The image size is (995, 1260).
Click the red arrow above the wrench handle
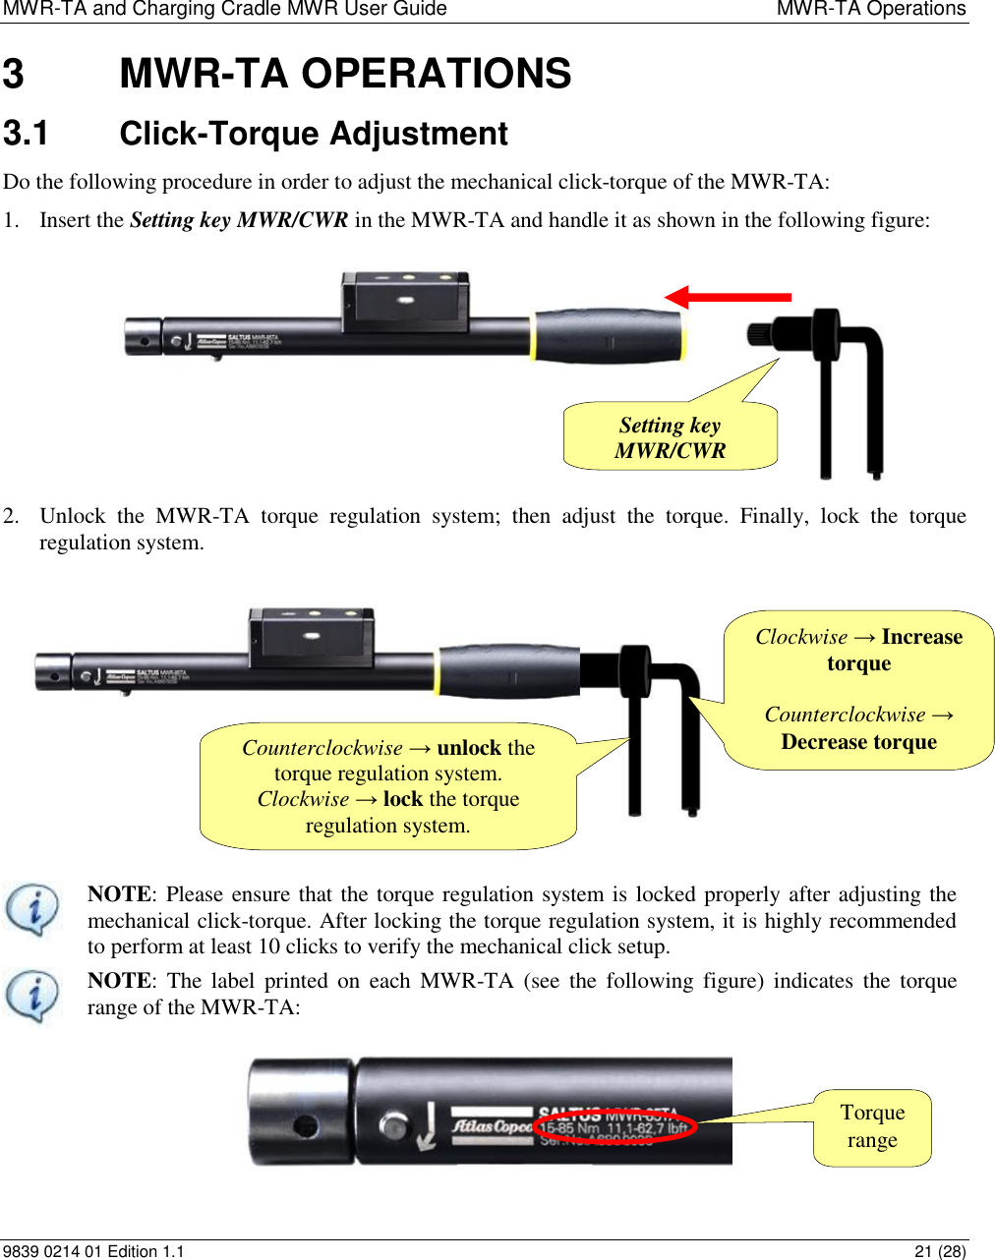(x=728, y=296)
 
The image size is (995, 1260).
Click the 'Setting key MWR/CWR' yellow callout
(x=670, y=437)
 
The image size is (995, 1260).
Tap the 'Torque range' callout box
(x=872, y=1127)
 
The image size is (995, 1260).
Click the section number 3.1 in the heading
(x=26, y=133)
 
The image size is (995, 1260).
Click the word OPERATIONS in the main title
(x=436, y=74)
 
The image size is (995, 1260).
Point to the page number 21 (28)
(x=939, y=1251)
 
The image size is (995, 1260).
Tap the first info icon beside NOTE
(x=32, y=908)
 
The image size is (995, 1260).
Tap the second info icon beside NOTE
(x=32, y=995)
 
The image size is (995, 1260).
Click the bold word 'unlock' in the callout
(x=469, y=748)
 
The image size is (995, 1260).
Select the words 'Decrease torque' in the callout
(x=858, y=742)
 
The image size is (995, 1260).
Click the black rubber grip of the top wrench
(x=608, y=336)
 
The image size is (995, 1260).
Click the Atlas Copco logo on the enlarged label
(x=492, y=1126)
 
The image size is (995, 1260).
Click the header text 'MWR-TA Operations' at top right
(x=870, y=10)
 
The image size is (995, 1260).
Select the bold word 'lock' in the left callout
(x=402, y=799)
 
